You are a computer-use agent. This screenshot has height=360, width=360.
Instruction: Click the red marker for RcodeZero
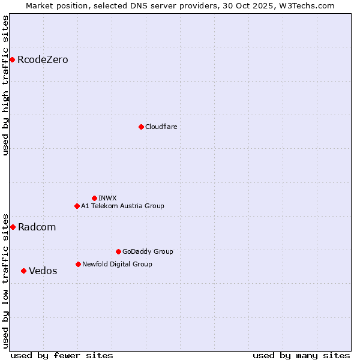[12, 59]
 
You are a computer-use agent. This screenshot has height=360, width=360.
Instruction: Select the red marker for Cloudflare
[141, 127]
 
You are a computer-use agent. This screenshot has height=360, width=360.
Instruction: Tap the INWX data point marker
[94, 198]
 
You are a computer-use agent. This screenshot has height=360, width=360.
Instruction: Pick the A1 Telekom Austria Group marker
[77, 206]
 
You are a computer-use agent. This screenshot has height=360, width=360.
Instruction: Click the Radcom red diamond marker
[13, 227]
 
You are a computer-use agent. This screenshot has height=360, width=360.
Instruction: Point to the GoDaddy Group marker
[118, 251]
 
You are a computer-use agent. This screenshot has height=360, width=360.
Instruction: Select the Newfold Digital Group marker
[78, 264]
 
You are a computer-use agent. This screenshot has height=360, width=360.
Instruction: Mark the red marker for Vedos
[23, 271]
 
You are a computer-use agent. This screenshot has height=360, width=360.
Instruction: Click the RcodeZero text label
[43, 60]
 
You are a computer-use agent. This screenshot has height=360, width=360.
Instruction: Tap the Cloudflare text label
[161, 127]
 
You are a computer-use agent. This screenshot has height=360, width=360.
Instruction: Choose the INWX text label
[107, 199]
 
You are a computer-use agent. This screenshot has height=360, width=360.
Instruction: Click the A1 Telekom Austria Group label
[122, 206]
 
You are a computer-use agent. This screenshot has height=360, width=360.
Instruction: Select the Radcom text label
[37, 227]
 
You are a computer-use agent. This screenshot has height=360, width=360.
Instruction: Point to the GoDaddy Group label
[148, 252]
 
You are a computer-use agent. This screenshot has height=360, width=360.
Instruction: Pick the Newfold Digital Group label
[117, 265]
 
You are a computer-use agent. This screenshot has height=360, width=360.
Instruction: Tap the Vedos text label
[43, 271]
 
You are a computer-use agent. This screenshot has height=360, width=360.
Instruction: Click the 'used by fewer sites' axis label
[62, 355]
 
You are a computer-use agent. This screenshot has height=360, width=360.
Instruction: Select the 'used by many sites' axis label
[301, 355]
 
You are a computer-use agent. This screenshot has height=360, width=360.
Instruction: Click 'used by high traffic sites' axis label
[6, 85]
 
